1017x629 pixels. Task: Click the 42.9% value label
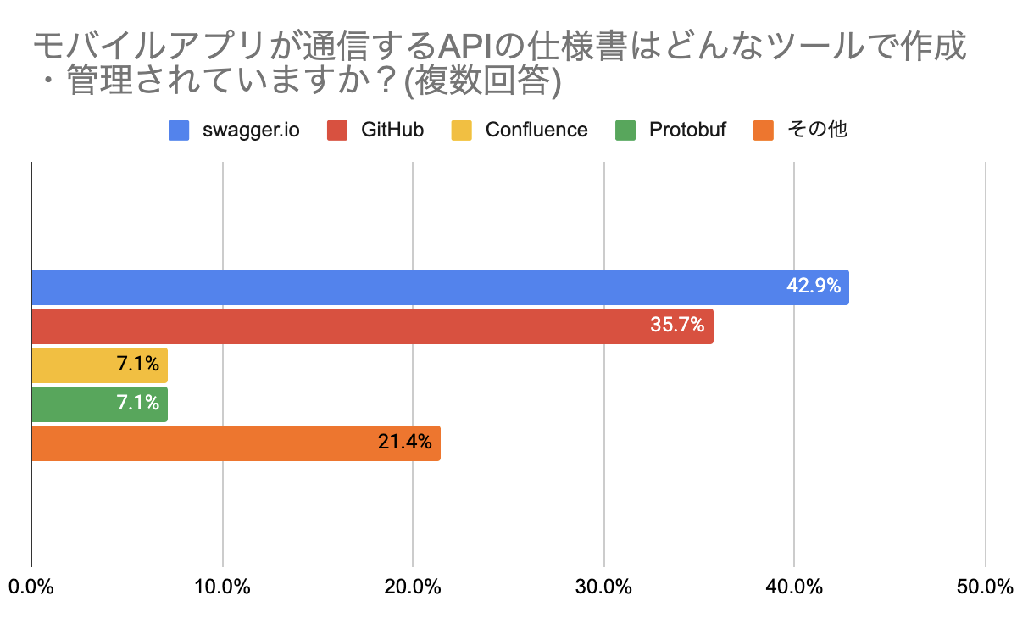click(x=814, y=287)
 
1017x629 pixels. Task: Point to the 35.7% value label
click(x=677, y=326)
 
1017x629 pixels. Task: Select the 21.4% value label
click(x=404, y=443)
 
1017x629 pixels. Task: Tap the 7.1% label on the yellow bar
click(x=138, y=365)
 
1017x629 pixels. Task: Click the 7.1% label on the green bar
click(x=138, y=404)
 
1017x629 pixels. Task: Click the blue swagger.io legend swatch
click(x=179, y=130)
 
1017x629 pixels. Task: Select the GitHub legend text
click(x=392, y=130)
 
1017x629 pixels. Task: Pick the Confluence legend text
click(x=536, y=130)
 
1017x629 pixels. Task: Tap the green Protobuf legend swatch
click(x=625, y=130)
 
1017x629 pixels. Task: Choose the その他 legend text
click(x=817, y=130)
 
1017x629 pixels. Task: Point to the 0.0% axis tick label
click(x=31, y=587)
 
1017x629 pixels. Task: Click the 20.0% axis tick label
click(x=413, y=587)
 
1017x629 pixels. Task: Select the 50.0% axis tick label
click(x=986, y=587)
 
